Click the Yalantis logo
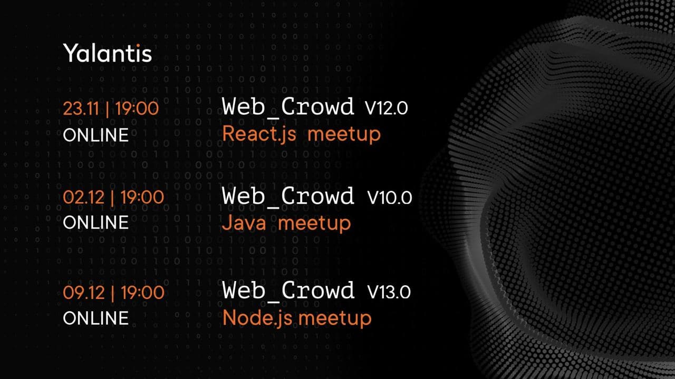pyautogui.click(x=107, y=53)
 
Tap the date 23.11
pyautogui.click(x=81, y=108)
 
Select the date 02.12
pyautogui.click(x=83, y=197)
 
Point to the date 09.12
pyautogui.click(x=83, y=292)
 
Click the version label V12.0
pyautogui.click(x=387, y=108)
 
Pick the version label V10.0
pyautogui.click(x=389, y=197)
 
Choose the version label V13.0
pyautogui.click(x=389, y=292)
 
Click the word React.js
pyautogui.click(x=259, y=134)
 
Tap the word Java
pyautogui.click(x=244, y=223)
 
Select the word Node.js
pyautogui.click(x=257, y=318)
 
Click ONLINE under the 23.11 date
pyautogui.click(x=96, y=135)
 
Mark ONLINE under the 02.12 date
pyautogui.click(x=96, y=222)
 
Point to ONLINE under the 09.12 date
pyautogui.click(x=96, y=318)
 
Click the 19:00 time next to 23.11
pyautogui.click(x=137, y=108)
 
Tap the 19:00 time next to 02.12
pyautogui.click(x=142, y=197)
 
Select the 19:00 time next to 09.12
pyautogui.click(x=142, y=292)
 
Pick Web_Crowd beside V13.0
pyautogui.click(x=288, y=291)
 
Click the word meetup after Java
pyautogui.click(x=314, y=224)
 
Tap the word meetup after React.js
pyautogui.click(x=344, y=135)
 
